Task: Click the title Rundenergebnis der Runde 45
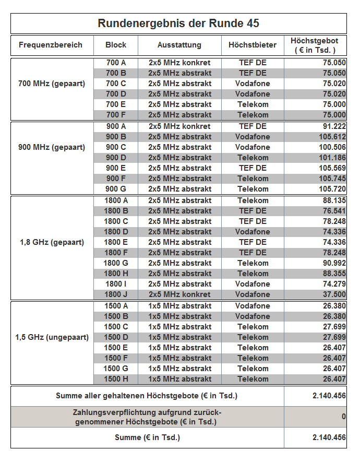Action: click(178, 23)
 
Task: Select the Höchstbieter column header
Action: click(253, 45)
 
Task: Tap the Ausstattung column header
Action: click(179, 45)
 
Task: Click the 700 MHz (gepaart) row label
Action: click(52, 84)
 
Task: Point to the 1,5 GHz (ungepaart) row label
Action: click(52, 337)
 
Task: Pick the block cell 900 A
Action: click(116, 126)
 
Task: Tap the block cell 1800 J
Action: click(116, 294)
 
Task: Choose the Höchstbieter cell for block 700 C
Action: click(253, 84)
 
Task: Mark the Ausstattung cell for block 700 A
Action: click(179, 63)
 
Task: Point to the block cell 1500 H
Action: click(116, 379)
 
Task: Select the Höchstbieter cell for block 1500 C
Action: click(253, 327)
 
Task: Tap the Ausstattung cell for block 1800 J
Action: click(179, 294)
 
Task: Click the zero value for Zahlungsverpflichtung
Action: click(343, 417)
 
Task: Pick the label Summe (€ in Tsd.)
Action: click(147, 437)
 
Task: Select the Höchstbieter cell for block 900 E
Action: click(253, 168)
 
